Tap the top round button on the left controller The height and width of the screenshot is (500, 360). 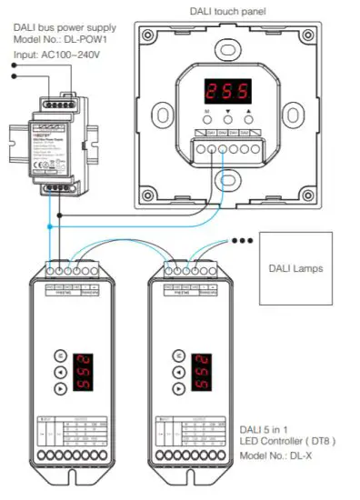(x=61, y=355)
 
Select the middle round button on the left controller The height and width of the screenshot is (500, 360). (x=61, y=372)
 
